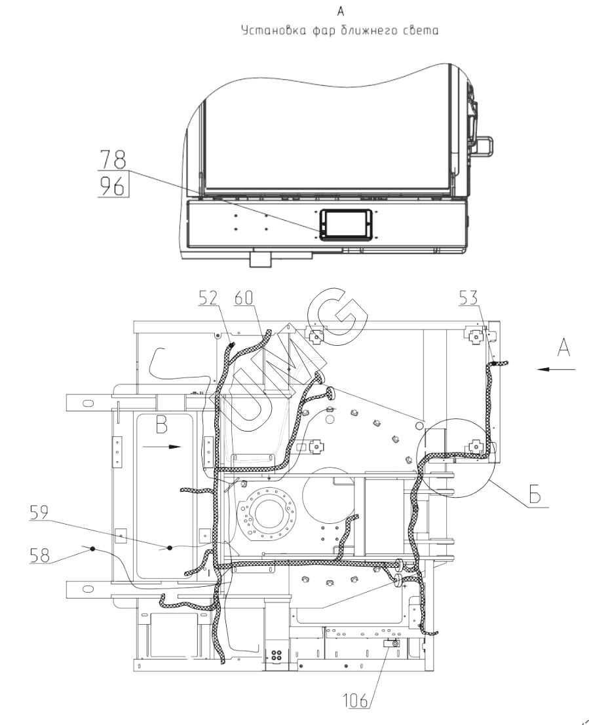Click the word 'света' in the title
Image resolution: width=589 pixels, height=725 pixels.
coord(419,30)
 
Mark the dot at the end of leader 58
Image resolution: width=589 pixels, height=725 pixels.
coord(94,549)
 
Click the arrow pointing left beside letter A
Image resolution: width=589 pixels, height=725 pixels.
coord(556,369)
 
